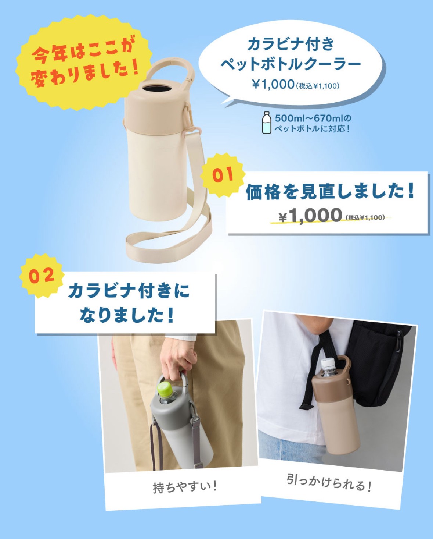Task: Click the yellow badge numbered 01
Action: click(222, 175)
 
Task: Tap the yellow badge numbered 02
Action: click(42, 276)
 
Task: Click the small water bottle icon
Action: click(267, 123)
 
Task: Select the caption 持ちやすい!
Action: click(185, 487)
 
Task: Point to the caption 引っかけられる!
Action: click(329, 482)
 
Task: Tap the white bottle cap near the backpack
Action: click(329, 364)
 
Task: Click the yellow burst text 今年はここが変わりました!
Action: click(84, 61)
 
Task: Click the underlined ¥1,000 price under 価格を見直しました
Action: click(311, 215)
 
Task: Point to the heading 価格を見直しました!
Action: click(330, 191)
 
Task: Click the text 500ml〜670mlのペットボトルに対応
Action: click(313, 123)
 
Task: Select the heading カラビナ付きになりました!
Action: click(128, 302)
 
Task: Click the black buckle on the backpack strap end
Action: click(306, 406)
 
